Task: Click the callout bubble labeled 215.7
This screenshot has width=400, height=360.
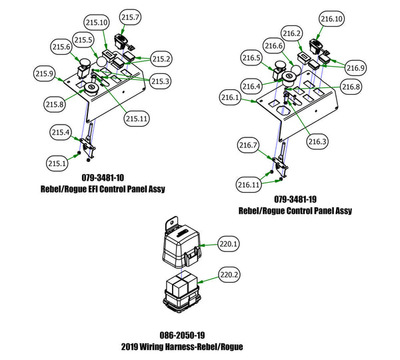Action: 130,16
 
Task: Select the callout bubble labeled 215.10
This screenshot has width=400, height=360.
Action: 99,23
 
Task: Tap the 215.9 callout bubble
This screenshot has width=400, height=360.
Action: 45,73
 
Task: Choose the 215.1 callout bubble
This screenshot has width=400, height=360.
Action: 57,163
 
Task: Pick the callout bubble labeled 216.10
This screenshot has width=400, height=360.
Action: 332,19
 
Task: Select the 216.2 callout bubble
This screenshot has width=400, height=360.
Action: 293,33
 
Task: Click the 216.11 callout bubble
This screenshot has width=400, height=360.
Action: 249,184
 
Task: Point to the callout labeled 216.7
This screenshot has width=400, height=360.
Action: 249,145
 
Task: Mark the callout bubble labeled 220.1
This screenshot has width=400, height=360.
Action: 229,245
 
